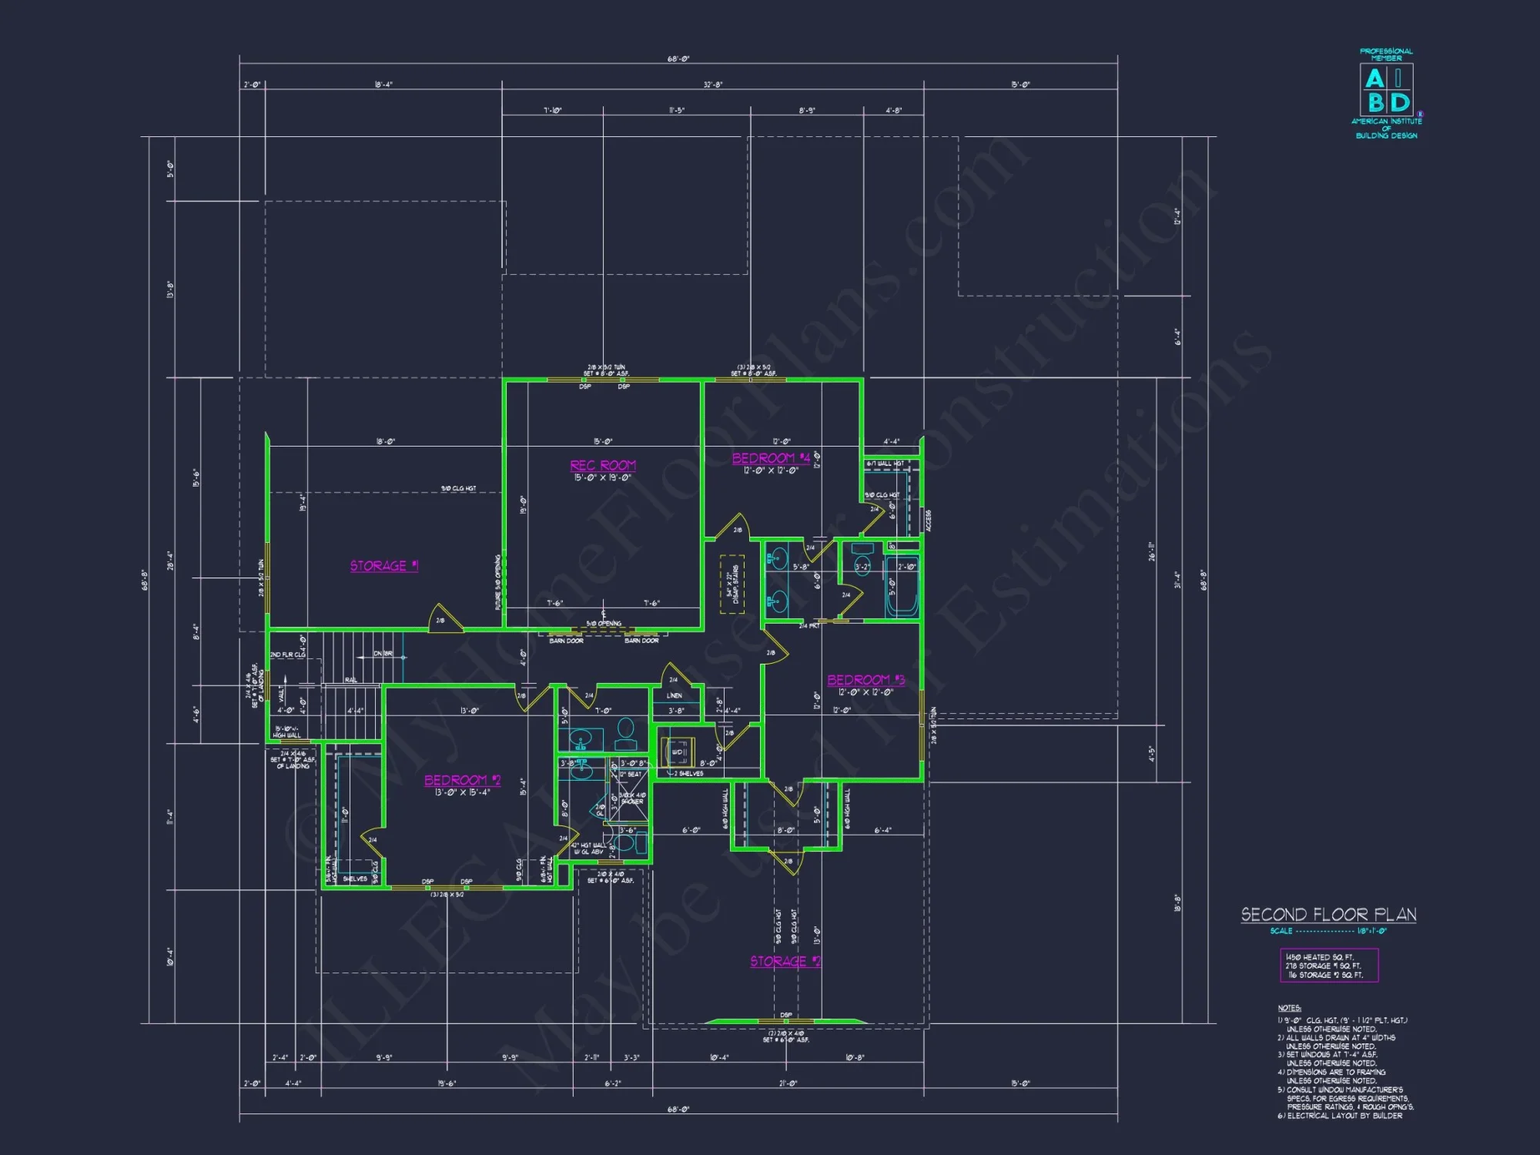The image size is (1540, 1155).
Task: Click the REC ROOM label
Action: [x=603, y=466]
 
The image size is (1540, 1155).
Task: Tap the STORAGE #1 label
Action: [x=383, y=566]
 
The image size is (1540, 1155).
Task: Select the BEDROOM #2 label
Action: [x=462, y=780]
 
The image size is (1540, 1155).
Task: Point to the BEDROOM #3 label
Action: [x=865, y=680]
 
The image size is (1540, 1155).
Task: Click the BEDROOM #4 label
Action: [x=771, y=458]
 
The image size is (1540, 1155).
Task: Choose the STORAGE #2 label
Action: [x=785, y=961]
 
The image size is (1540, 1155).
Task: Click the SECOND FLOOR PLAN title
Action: [x=1328, y=915]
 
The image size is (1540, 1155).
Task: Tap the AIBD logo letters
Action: [x=1387, y=90]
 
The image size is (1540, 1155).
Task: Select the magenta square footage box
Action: [x=1328, y=966]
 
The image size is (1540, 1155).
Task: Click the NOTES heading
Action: [x=1289, y=1008]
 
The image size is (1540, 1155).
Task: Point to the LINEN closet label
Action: [x=674, y=695]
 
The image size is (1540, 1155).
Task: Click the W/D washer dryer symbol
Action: [x=679, y=752]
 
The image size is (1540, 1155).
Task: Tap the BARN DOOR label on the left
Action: [x=566, y=641]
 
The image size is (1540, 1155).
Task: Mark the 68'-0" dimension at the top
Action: [x=678, y=59]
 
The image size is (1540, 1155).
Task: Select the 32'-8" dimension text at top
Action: [x=712, y=85]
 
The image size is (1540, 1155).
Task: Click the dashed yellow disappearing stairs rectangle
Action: [x=731, y=584]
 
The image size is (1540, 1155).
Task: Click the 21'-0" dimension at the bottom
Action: [x=788, y=1083]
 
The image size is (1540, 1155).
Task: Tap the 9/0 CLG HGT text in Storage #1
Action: [x=458, y=488]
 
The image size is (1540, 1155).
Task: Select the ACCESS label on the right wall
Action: [x=929, y=520]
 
